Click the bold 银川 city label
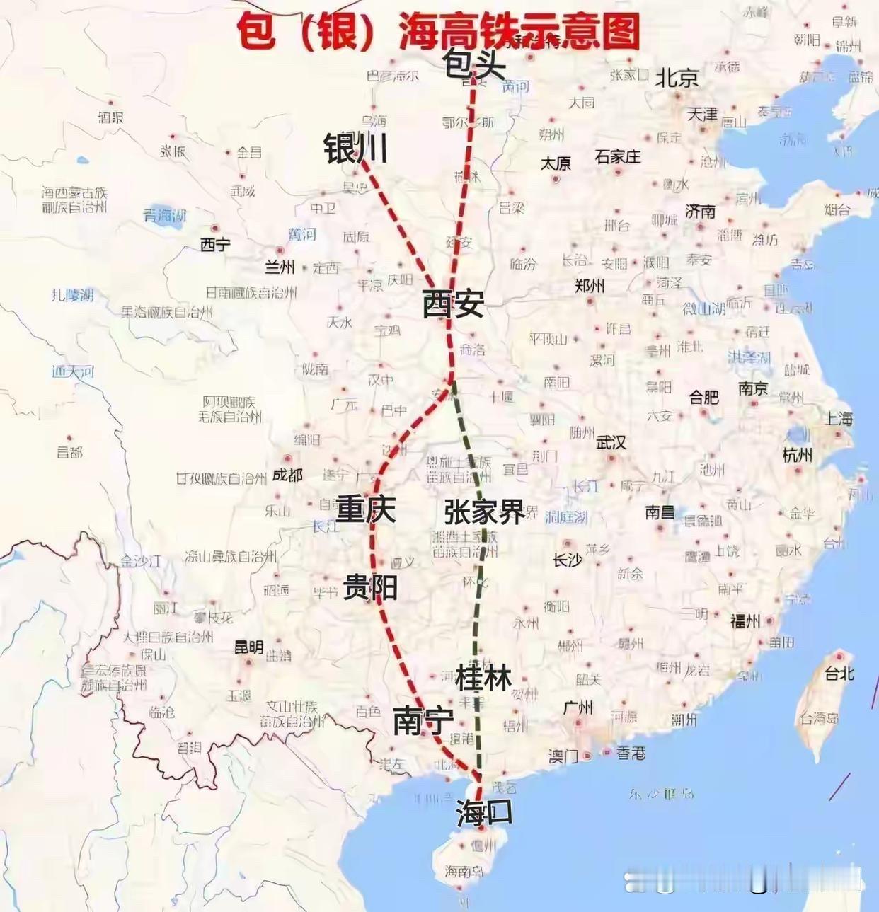click(355, 149)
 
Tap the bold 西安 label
click(453, 304)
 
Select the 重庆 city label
click(365, 509)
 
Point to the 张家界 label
click(485, 511)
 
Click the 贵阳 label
click(370, 587)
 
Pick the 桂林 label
click(483, 677)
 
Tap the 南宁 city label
click(423, 722)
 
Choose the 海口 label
click(484, 812)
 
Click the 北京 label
click(677, 78)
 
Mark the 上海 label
click(839, 419)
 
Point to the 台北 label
click(839, 674)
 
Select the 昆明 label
click(248, 647)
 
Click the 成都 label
click(287, 475)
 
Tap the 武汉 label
click(611, 443)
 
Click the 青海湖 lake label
click(165, 216)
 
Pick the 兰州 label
click(280, 267)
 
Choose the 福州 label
click(745, 621)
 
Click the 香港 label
click(631, 754)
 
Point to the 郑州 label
click(590, 286)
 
